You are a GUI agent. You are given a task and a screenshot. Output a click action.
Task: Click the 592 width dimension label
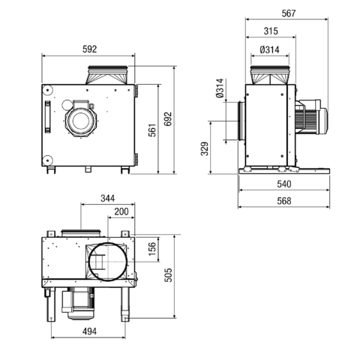[89, 49]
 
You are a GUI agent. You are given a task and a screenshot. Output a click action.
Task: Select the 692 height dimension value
[168, 118]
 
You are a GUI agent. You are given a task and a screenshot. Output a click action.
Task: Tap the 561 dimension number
[152, 130]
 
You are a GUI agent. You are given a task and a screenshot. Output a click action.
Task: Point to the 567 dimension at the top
[289, 13]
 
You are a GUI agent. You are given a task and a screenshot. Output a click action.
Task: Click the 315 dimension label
[271, 31]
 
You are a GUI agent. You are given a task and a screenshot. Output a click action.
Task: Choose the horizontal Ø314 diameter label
[269, 49]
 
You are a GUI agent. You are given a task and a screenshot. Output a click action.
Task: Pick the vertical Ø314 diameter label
[220, 88]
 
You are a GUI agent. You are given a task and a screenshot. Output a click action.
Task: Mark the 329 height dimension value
[205, 148]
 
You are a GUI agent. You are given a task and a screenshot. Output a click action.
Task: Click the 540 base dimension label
[284, 184]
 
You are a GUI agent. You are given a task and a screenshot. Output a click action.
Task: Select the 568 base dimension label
[284, 201]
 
